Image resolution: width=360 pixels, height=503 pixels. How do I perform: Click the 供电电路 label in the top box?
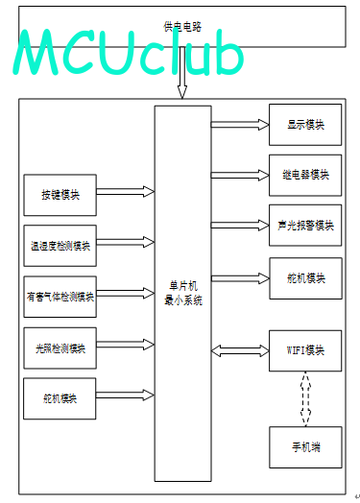coord(182,27)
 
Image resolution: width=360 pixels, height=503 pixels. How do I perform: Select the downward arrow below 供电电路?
coord(182,73)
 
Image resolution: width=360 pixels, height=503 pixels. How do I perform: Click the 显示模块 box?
coord(305,125)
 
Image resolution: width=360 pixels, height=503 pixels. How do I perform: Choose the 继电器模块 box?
coord(305,175)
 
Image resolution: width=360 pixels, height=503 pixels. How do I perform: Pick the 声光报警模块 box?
coord(305,226)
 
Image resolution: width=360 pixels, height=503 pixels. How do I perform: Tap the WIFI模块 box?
coord(305,350)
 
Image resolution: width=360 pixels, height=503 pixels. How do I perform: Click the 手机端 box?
coord(305,447)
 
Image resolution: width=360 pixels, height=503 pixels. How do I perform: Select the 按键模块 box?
coord(60,195)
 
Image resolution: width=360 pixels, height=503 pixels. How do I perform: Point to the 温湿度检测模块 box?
coord(60,246)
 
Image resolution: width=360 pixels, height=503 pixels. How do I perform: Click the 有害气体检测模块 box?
coord(60,297)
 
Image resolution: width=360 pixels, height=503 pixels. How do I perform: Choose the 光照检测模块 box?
coord(60,348)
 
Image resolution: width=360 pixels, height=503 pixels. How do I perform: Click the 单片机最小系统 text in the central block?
coord(183,293)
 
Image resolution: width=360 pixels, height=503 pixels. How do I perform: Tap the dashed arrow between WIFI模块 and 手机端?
coord(305,399)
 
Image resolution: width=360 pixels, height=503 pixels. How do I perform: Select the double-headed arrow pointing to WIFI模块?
coord(240,350)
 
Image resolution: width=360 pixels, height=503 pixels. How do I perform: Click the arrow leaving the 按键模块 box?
coord(126,192)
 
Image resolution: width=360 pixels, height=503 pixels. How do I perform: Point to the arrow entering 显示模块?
coord(240,125)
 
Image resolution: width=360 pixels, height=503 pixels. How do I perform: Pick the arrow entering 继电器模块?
coord(240,175)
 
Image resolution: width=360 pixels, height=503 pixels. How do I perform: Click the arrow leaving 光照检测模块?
coord(126,345)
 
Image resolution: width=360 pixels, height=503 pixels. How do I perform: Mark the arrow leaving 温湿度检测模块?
coord(126,242)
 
